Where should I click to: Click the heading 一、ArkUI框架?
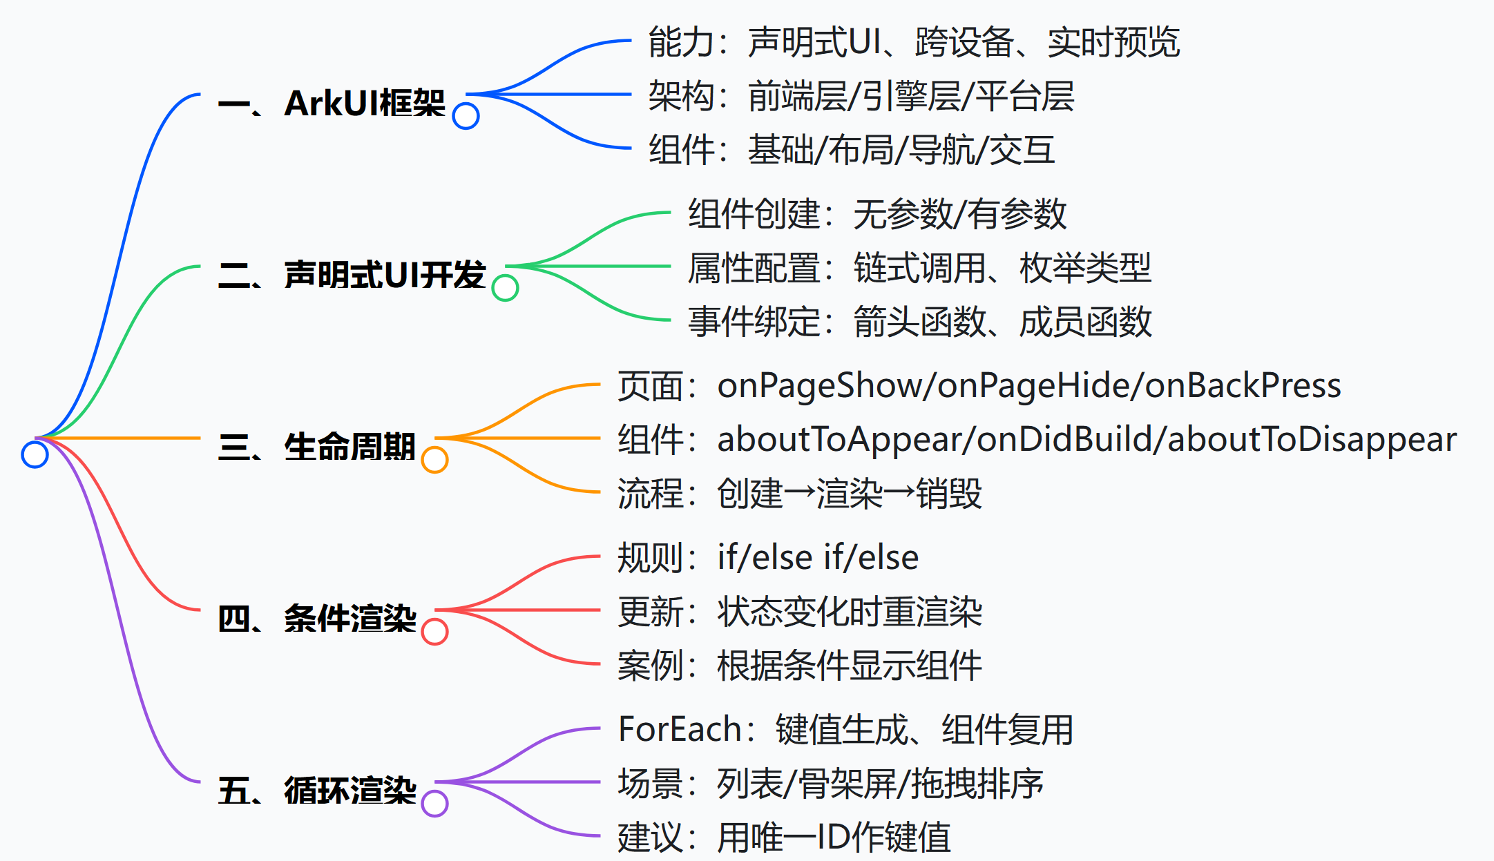(332, 104)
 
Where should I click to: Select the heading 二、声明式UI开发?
(352, 275)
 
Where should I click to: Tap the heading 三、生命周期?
(316, 447)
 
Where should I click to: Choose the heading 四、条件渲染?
(317, 619)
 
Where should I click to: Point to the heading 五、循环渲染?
(317, 791)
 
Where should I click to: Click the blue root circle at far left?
(35, 454)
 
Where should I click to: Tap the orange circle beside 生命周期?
(434, 460)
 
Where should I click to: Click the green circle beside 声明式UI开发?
(505, 288)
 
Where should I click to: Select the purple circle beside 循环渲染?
(434, 804)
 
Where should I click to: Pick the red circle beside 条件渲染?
(434, 632)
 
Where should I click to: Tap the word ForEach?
(680, 730)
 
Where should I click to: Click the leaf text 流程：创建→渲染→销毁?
(799, 494)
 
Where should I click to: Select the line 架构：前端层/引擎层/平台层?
(861, 96)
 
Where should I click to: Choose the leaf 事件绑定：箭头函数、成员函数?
(919, 322)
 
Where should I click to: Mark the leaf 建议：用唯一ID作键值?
(784, 838)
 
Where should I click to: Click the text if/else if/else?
(818, 558)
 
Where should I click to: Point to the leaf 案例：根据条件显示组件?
(799, 666)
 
